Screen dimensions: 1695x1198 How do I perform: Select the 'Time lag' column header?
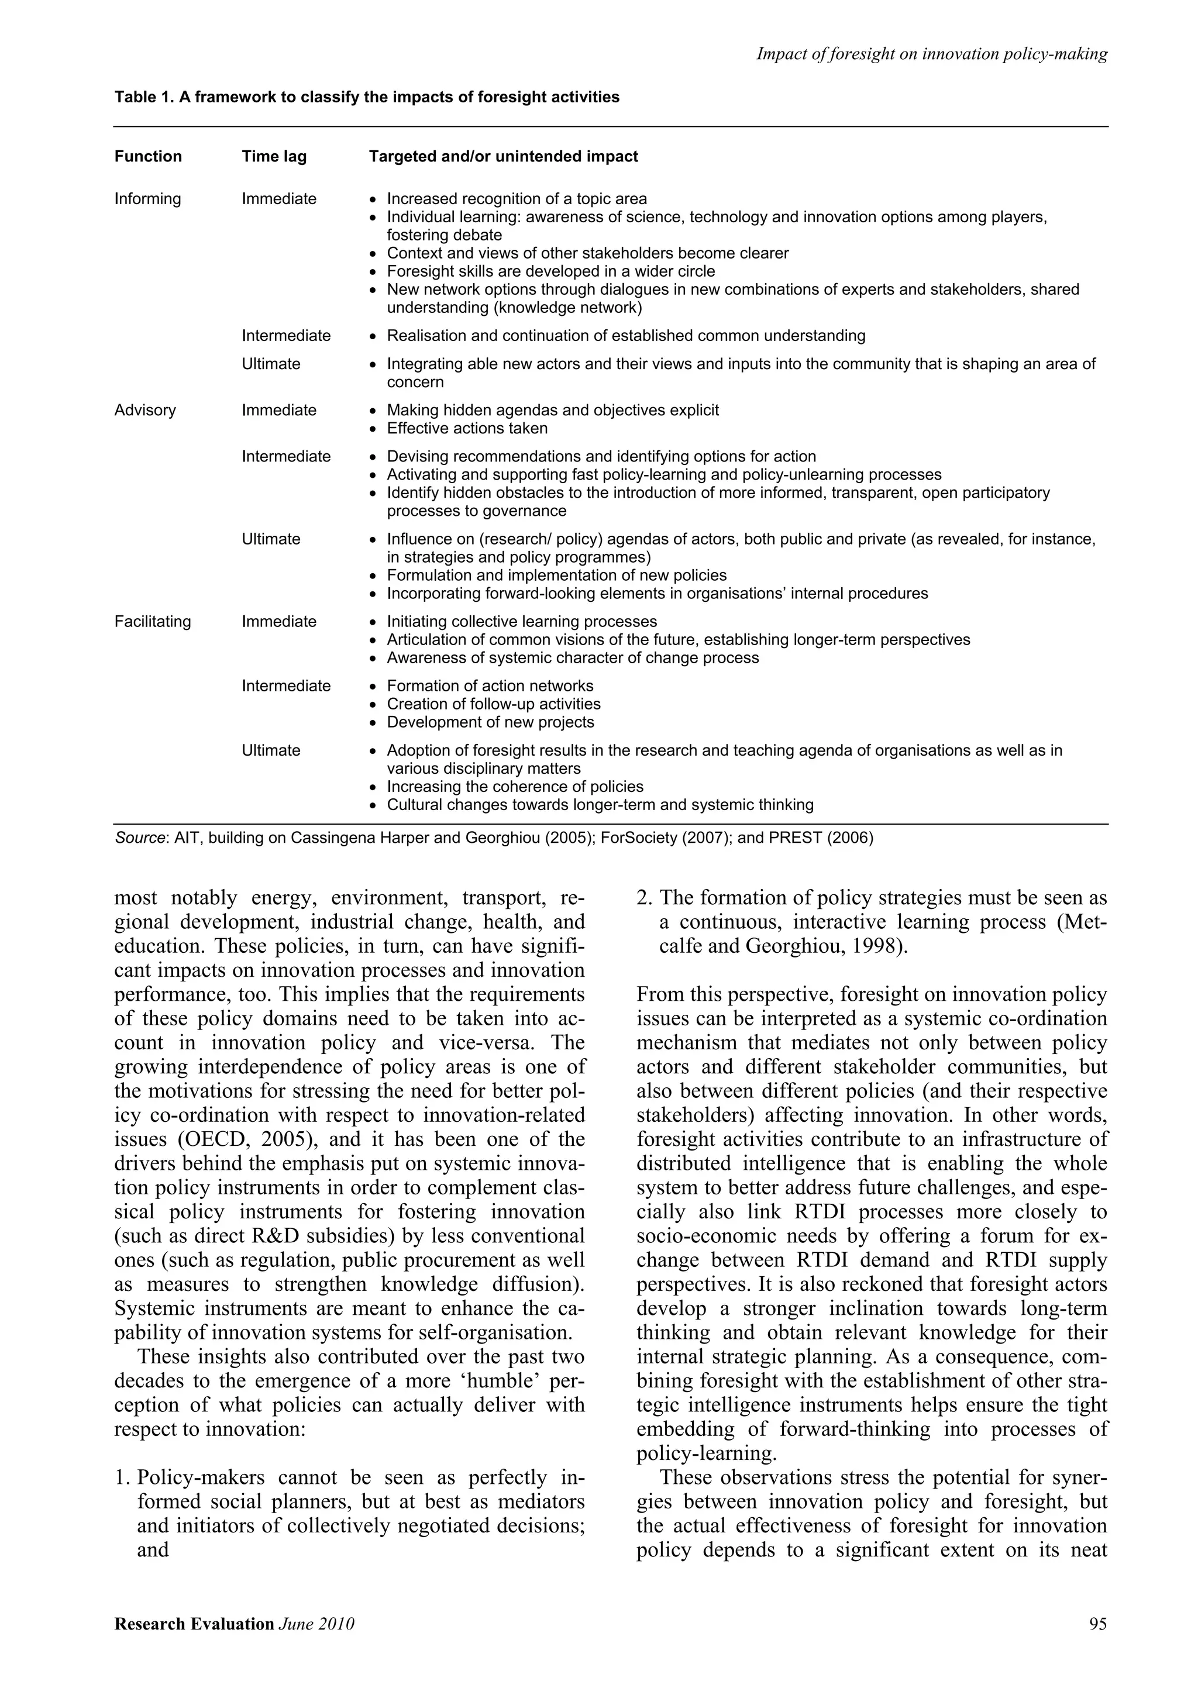(x=274, y=157)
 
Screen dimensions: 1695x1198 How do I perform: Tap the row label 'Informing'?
(x=147, y=199)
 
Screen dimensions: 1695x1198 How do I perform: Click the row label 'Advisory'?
(x=146, y=411)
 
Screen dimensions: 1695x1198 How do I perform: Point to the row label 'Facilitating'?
(x=153, y=622)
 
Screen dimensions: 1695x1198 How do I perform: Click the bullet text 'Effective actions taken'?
(x=467, y=428)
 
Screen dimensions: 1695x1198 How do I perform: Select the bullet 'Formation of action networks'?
(x=490, y=686)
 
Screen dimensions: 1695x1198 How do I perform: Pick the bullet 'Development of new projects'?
(x=490, y=722)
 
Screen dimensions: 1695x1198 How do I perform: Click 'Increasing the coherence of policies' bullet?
(x=515, y=786)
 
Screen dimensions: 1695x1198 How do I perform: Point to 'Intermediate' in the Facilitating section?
(x=287, y=686)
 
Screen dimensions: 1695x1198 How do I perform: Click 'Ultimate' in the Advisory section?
(x=271, y=539)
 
